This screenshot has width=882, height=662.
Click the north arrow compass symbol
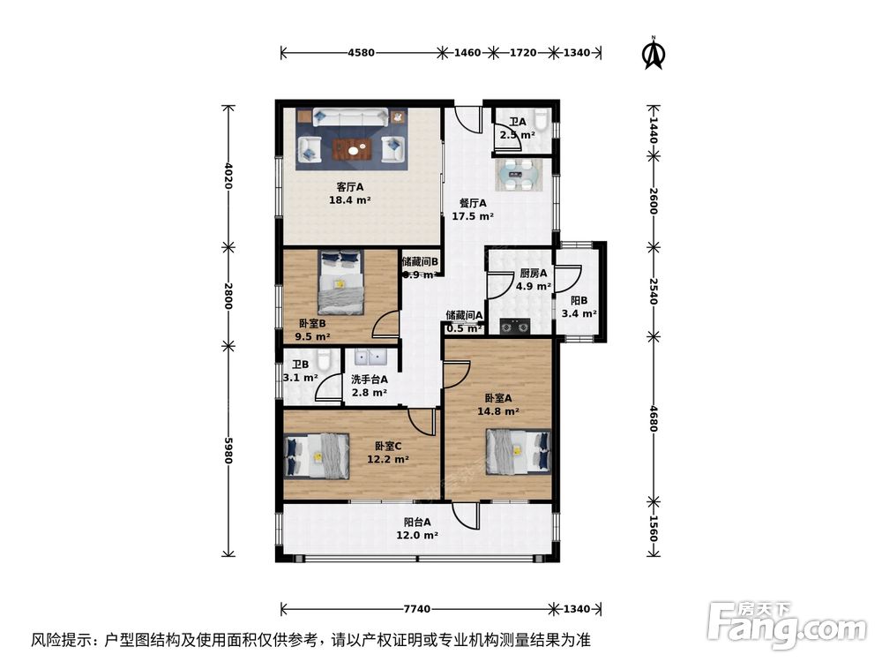(653, 53)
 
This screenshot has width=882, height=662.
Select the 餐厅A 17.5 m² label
(472, 209)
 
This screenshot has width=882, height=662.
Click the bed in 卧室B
(340, 282)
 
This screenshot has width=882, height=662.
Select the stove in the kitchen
(514, 327)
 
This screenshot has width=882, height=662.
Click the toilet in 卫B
(323, 361)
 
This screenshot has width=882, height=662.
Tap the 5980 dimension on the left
(229, 450)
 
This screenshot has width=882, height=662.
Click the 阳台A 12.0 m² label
(417, 528)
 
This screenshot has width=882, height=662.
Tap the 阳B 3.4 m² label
(579, 306)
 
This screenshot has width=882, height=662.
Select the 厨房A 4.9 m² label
(534, 280)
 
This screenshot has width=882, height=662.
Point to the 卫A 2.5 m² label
(517, 129)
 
